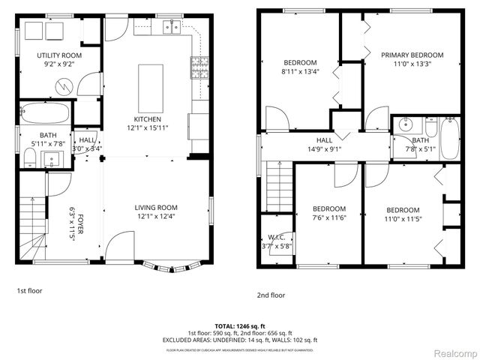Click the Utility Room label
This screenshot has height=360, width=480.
tap(59, 55)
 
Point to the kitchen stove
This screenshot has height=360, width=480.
tap(200, 67)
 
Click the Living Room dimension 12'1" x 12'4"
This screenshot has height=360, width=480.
tap(155, 217)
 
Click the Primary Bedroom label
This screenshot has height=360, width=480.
tap(412, 55)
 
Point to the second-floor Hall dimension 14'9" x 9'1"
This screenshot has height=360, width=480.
tap(324, 148)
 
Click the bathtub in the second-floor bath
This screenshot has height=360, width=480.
tap(450, 138)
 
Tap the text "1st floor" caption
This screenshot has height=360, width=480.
tap(29, 289)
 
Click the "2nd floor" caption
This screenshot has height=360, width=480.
tap(271, 295)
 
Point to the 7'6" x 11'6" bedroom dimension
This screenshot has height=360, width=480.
tap(329, 217)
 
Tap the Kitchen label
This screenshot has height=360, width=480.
tap(146, 119)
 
